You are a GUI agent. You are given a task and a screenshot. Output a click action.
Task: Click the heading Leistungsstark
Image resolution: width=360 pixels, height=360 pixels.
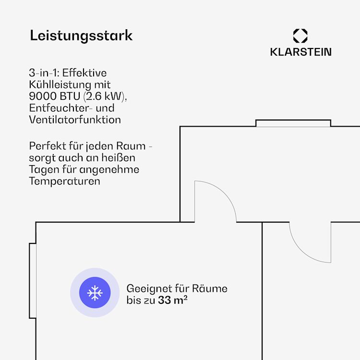pos(81,36)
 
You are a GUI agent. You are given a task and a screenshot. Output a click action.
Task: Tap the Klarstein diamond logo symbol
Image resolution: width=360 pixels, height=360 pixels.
pos(300,36)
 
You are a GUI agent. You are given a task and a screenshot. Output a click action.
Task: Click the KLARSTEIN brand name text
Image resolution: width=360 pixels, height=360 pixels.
pos(301,52)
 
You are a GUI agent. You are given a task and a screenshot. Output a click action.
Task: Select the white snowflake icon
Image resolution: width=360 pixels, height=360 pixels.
pos(95,293)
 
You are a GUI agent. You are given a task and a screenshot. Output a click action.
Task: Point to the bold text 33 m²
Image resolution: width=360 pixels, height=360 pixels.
pos(173,300)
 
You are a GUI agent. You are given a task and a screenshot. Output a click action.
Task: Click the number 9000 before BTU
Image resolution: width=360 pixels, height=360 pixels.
pos(43,96)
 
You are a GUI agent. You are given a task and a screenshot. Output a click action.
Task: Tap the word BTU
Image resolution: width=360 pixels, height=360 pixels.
pos(70,96)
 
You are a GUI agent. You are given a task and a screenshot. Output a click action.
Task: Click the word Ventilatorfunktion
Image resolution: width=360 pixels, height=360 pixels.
pos(75,120)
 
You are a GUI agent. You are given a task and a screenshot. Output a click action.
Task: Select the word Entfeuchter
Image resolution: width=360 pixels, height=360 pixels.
pos(61,108)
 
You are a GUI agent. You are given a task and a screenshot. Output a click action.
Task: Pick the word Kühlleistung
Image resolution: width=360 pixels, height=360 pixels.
pos(60,85)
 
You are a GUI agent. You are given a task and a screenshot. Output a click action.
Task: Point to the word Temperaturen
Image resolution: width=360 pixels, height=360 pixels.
pos(64,181)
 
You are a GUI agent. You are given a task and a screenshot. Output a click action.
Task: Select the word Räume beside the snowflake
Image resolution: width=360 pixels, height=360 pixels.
pos(210,288)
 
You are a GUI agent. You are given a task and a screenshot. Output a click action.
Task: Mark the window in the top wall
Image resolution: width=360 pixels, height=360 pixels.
pos(293,123)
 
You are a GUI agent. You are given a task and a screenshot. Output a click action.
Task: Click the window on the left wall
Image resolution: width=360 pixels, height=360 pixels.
pos(33,281)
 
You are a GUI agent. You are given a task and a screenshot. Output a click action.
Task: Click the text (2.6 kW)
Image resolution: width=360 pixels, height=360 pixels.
pos(105,96)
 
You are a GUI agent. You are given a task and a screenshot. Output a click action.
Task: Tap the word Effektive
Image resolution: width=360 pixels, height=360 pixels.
pos(84,73)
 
